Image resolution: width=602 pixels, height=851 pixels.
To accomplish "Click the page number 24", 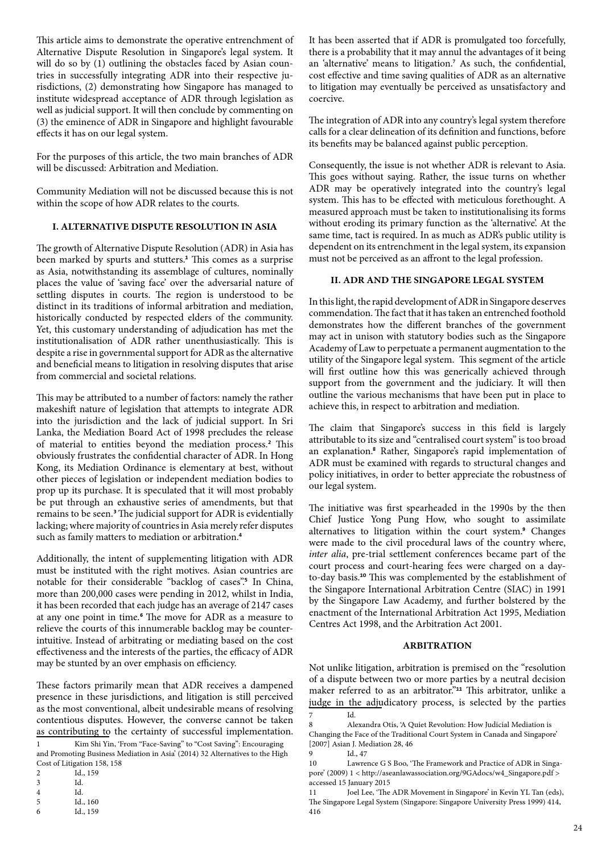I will click(578, 828).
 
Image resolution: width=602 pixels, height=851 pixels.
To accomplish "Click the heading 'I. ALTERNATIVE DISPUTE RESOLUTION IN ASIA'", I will click(164, 227).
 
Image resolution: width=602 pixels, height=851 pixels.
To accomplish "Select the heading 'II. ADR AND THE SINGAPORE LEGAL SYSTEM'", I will click(437, 280).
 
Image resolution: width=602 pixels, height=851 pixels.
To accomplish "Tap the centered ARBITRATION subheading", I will click(437, 645).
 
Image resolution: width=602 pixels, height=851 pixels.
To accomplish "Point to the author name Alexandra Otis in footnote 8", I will click(376, 725).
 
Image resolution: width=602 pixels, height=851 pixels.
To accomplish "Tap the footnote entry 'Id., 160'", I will click(86, 802).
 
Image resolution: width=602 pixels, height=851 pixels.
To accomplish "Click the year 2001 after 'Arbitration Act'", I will click(490, 624).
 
